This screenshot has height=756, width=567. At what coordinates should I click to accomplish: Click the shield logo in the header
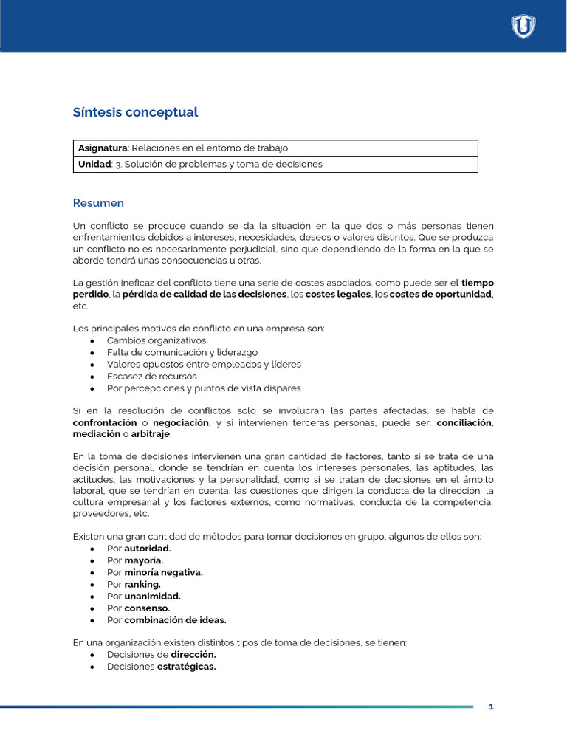coord(523,27)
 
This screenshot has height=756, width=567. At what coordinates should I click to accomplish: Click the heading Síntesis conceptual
coord(135,112)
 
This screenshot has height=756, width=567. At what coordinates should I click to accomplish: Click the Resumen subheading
coord(98,203)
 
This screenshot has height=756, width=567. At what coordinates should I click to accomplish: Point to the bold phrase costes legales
coord(338,295)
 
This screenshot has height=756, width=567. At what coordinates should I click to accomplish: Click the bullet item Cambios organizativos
coord(156,340)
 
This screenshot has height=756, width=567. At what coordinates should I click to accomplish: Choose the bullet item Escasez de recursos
coord(151,376)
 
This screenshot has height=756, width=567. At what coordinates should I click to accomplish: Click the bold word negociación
coord(181,423)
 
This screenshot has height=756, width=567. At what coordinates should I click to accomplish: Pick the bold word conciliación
coord(464,423)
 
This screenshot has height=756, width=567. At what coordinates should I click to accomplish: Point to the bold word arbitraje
coord(151,435)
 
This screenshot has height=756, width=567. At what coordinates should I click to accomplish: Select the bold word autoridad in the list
coord(148,549)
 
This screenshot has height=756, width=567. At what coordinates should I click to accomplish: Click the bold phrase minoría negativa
coord(163,572)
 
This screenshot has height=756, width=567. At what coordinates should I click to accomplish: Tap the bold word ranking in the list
coord(142,584)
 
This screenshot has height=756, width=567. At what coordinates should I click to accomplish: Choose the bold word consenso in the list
coord(147,608)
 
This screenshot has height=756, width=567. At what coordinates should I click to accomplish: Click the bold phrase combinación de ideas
coord(175,619)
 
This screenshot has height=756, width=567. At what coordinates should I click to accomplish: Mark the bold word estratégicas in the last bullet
coord(186,666)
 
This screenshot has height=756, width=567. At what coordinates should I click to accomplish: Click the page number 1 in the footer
coord(491,707)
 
